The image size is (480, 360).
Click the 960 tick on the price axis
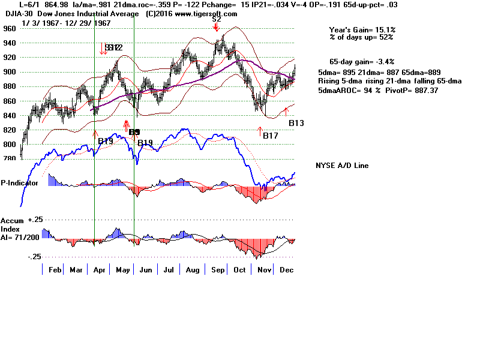coord(8,28)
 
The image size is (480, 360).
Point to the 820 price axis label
coord(8,130)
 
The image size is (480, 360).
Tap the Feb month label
coord(55,271)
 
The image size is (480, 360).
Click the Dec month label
coord(286,271)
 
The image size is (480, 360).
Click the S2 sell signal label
coord(216,19)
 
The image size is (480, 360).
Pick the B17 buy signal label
coord(270,136)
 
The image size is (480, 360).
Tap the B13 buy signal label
coord(296,123)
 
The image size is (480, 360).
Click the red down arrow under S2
coord(216,27)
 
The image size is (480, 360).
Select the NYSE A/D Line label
coord(342,166)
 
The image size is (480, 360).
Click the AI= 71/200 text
coord(23,238)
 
